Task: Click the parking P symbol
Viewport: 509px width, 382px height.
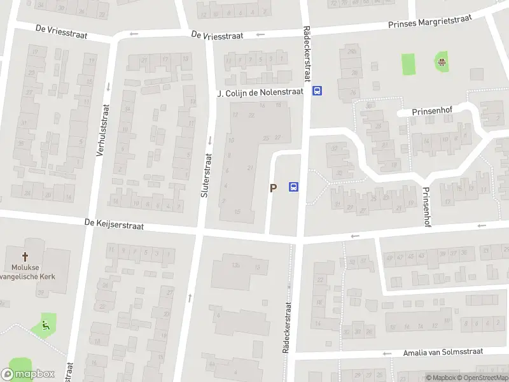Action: tap(274, 188)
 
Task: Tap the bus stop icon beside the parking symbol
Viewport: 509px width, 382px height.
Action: tap(294, 187)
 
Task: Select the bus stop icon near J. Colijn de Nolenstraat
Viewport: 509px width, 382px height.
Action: tap(317, 91)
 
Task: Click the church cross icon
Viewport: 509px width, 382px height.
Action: tap(25, 257)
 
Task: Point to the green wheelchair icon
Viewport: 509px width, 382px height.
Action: tap(46, 325)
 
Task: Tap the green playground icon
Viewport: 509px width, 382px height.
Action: tap(440, 62)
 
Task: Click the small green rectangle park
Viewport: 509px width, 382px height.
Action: tap(408, 64)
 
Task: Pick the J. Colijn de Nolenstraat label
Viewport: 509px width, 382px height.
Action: tap(260, 93)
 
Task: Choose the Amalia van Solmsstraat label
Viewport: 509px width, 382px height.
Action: tap(443, 351)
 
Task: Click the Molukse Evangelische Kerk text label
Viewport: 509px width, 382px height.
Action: tap(25, 272)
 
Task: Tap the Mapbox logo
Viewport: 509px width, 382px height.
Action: tap(28, 374)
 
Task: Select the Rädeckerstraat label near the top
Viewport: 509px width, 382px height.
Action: tap(307, 54)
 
